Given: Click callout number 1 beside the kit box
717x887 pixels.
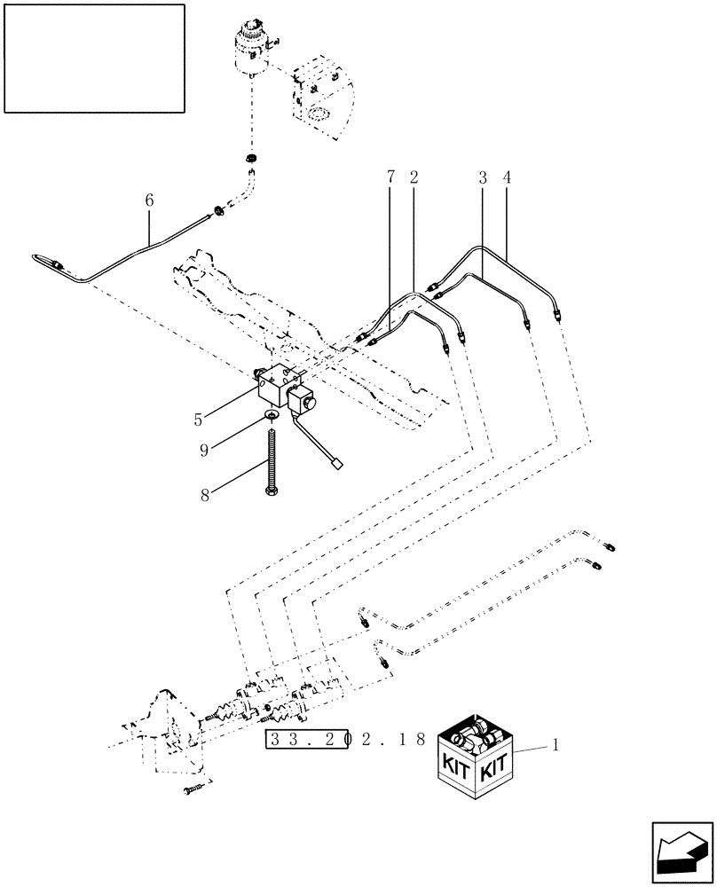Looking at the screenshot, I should click(x=555, y=747).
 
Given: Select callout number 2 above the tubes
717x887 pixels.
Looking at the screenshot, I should click(x=414, y=177).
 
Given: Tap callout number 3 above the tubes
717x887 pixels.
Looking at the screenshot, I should click(x=482, y=177).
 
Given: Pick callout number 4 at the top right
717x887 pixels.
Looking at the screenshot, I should click(x=507, y=177).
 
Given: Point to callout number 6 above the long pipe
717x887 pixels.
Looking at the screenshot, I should click(x=149, y=201).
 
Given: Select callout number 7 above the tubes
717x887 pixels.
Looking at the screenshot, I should click(x=390, y=177).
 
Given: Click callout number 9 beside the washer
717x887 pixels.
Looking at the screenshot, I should click(x=204, y=451).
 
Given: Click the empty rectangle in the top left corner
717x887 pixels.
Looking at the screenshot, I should click(x=94, y=59).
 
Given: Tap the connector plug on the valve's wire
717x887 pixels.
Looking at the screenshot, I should click(x=336, y=461).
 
